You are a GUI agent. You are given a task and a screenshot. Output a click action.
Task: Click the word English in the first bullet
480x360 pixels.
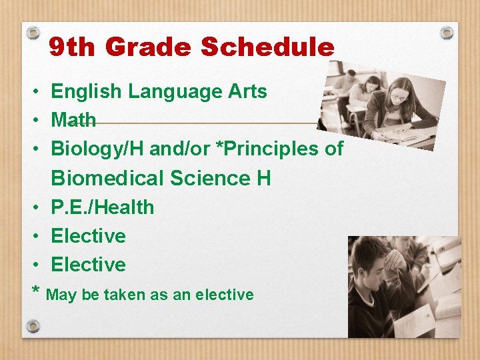coord(85,92)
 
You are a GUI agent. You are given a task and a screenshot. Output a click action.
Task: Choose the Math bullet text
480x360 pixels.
coord(73,121)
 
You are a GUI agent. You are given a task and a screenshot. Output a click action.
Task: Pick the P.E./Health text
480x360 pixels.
coord(102,207)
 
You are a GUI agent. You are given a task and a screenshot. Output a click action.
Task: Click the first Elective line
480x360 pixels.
coord(88,236)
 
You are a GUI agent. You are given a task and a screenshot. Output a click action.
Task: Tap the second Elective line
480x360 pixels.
coord(88,265)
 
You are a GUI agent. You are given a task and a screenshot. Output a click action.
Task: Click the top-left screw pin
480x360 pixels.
coord(33,32)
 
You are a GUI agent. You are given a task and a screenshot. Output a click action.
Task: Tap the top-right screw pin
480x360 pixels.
coord(447,32)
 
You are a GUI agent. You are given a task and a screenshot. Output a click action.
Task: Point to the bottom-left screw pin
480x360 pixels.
coord(33,326)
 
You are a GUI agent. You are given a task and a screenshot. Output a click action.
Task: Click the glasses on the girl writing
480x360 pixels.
coord(399,97)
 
